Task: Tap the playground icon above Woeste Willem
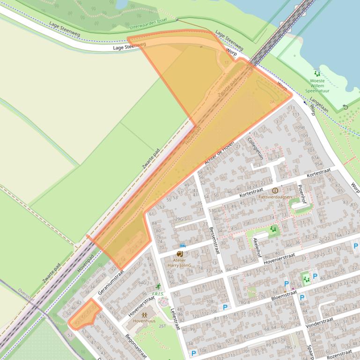click(317, 73)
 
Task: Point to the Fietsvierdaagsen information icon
click(275, 190)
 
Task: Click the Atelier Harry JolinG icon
click(180, 254)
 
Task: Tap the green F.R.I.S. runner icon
click(158, 286)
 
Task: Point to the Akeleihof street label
click(257, 246)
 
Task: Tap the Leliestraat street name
click(175, 319)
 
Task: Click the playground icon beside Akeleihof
click(272, 229)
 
